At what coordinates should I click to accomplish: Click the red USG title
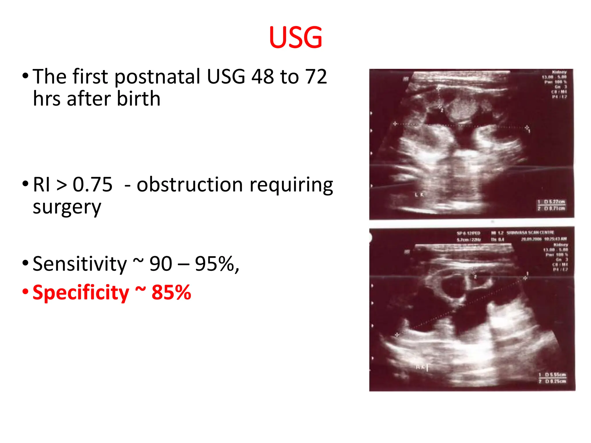pyautogui.click(x=295, y=37)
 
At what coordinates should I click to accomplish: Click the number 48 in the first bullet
pyautogui.click(x=263, y=77)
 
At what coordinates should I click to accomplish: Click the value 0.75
pyautogui.click(x=92, y=185)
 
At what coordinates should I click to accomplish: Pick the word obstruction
pyautogui.click(x=190, y=185)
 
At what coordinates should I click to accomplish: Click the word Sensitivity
pyautogui.click(x=80, y=264)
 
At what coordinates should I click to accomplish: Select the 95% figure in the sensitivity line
pyautogui.click(x=216, y=264)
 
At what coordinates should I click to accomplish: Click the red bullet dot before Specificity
pyautogui.click(x=25, y=292)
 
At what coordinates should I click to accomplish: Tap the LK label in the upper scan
pyautogui.click(x=419, y=195)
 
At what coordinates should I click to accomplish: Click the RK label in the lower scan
pyautogui.click(x=421, y=367)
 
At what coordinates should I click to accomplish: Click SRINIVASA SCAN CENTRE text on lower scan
pyautogui.click(x=530, y=232)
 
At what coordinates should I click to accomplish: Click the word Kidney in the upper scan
pyautogui.click(x=559, y=72)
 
